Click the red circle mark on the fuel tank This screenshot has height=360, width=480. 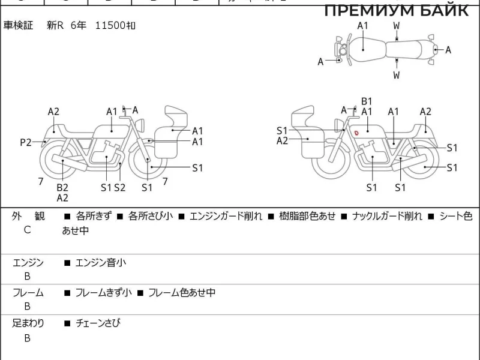[x=356, y=132]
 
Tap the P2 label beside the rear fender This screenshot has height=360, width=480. [x=25, y=142]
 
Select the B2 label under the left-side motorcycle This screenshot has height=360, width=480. [x=62, y=187]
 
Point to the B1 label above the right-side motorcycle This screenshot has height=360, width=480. [x=367, y=101]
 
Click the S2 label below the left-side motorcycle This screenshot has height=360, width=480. [x=120, y=187]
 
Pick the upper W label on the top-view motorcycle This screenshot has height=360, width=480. [x=397, y=25]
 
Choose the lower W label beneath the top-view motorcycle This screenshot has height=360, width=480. [x=397, y=75]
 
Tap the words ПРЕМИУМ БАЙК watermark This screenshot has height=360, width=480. [x=397, y=10]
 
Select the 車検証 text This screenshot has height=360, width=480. [x=19, y=26]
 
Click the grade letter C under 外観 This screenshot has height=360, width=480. [x=27, y=229]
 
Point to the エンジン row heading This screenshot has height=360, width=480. [x=28, y=262]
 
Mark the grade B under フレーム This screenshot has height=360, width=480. [x=27, y=307]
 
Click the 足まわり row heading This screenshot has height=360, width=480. [x=28, y=323]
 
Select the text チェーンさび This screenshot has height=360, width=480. [x=98, y=323]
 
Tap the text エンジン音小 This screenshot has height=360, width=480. [x=100, y=262]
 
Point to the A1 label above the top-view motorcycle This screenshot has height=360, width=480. [x=362, y=25]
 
